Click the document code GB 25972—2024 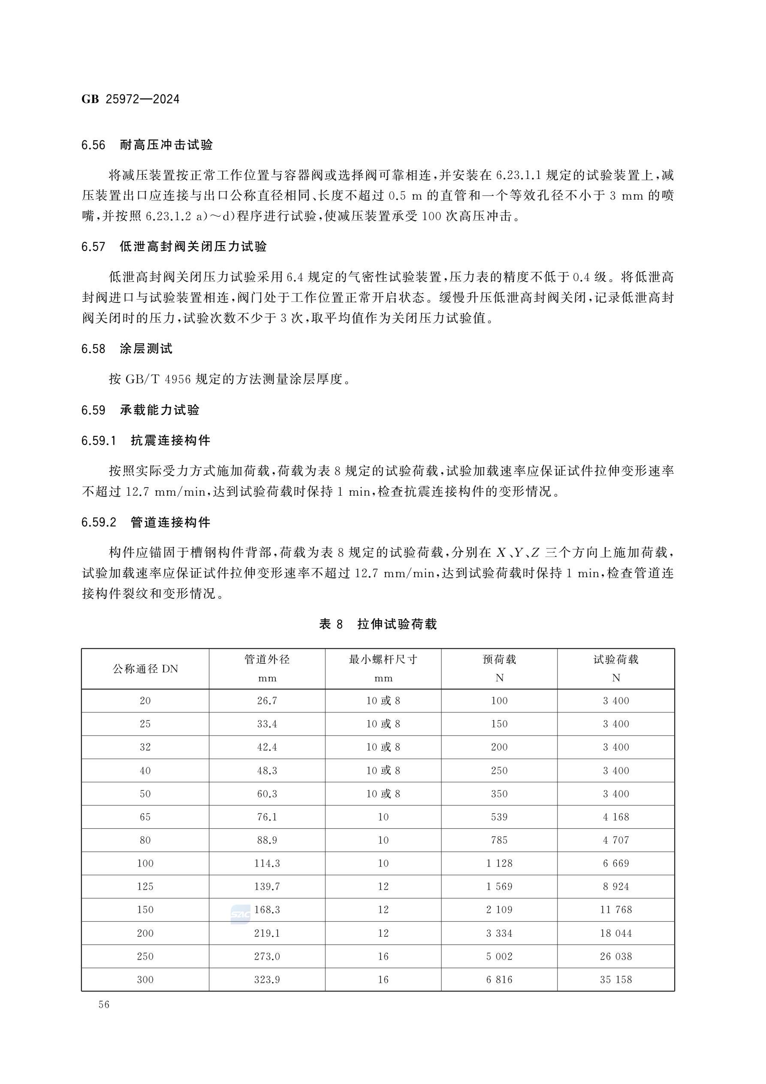coord(130,99)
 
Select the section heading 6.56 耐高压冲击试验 coord(147,145)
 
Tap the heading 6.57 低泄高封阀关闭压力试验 coord(174,246)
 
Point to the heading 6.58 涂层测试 coord(127,349)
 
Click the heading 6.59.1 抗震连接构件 coord(146,440)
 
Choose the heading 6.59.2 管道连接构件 coord(146,522)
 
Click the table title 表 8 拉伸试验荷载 coord(378,624)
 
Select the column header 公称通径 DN coord(145,669)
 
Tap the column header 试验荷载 coord(615,660)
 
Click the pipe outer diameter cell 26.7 coord(267,701)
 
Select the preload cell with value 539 coord(499,817)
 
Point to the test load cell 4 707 coord(615,840)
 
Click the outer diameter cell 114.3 coord(267,863)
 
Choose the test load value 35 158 coord(615,979)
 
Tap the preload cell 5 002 coord(499,956)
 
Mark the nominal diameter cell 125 coord(145,886)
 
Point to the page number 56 coord(104,1004)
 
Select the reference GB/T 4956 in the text coord(158,379)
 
